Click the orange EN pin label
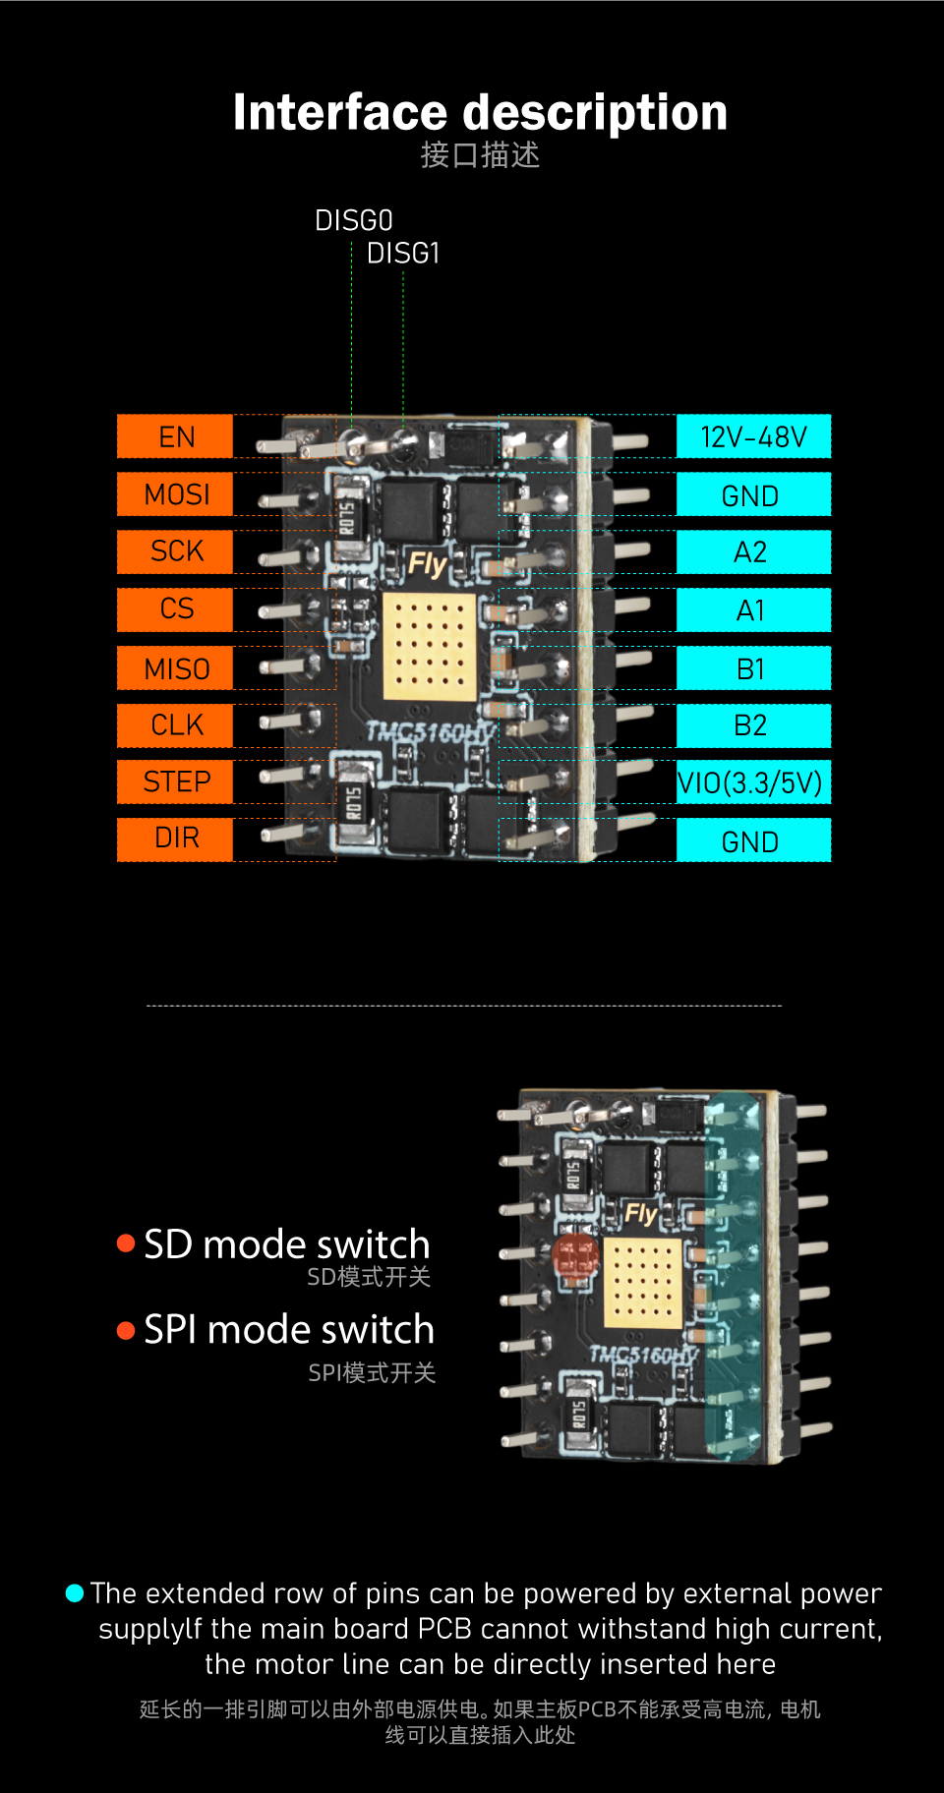(x=175, y=436)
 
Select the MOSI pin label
(x=175, y=493)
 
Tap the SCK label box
(x=175, y=551)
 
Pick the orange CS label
(x=175, y=609)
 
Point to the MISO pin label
(x=175, y=668)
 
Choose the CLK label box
(x=175, y=725)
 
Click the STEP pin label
(x=175, y=781)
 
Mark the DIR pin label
(x=175, y=839)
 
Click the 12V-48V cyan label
(x=753, y=436)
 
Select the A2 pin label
(x=753, y=552)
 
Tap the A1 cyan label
(x=753, y=610)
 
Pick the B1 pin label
(x=753, y=668)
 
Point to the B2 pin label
(x=753, y=725)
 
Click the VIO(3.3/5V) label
(x=753, y=782)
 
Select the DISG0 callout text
(x=354, y=220)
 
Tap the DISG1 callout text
(x=403, y=254)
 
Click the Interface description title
(x=480, y=112)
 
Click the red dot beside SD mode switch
(x=126, y=1244)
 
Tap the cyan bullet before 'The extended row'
(x=75, y=1592)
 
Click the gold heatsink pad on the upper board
(x=429, y=646)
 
